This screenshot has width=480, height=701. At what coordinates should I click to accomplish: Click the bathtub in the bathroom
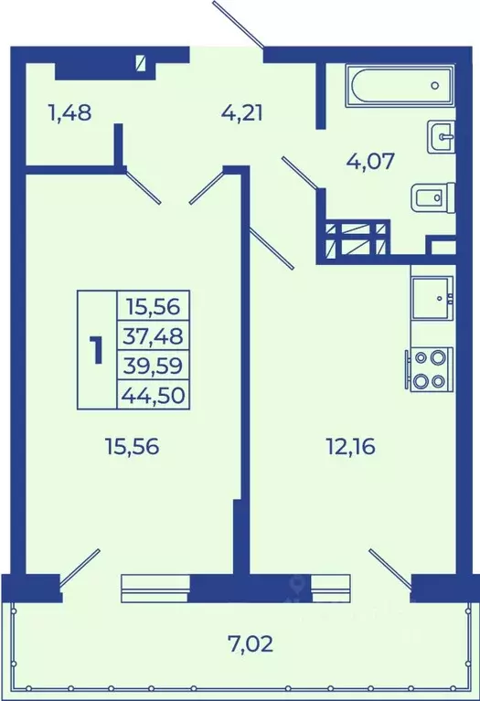[x=400, y=85]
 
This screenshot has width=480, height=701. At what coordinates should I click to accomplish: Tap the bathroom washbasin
[x=442, y=136]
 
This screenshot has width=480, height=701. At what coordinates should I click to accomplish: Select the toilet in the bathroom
[x=432, y=196]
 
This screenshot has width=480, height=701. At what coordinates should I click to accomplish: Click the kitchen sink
[x=432, y=298]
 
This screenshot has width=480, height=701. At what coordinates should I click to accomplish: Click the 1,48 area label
[x=70, y=112]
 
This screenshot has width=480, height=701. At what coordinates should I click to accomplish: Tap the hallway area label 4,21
[x=242, y=112]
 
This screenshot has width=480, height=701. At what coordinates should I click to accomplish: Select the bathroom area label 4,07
[x=371, y=161]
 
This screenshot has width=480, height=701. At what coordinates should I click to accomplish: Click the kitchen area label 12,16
[x=351, y=446]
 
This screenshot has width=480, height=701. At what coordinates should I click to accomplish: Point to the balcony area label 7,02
[x=250, y=644]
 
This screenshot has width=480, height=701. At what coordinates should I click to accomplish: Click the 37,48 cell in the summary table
[x=153, y=335]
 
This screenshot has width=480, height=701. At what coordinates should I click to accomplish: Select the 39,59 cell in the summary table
[x=153, y=366]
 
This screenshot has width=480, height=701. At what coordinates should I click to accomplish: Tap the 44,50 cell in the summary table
[x=153, y=395]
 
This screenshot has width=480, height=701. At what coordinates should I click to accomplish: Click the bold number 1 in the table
[x=97, y=350]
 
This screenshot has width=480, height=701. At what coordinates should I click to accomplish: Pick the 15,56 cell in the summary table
[x=153, y=306]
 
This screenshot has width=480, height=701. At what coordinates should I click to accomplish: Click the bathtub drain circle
[x=435, y=85]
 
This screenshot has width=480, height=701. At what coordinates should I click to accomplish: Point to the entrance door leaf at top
[x=239, y=24]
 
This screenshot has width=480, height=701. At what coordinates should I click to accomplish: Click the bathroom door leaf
[x=300, y=173]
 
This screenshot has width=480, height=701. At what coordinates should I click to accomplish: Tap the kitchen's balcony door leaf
[x=390, y=568]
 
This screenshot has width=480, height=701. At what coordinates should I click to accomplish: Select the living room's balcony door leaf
[x=80, y=568]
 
